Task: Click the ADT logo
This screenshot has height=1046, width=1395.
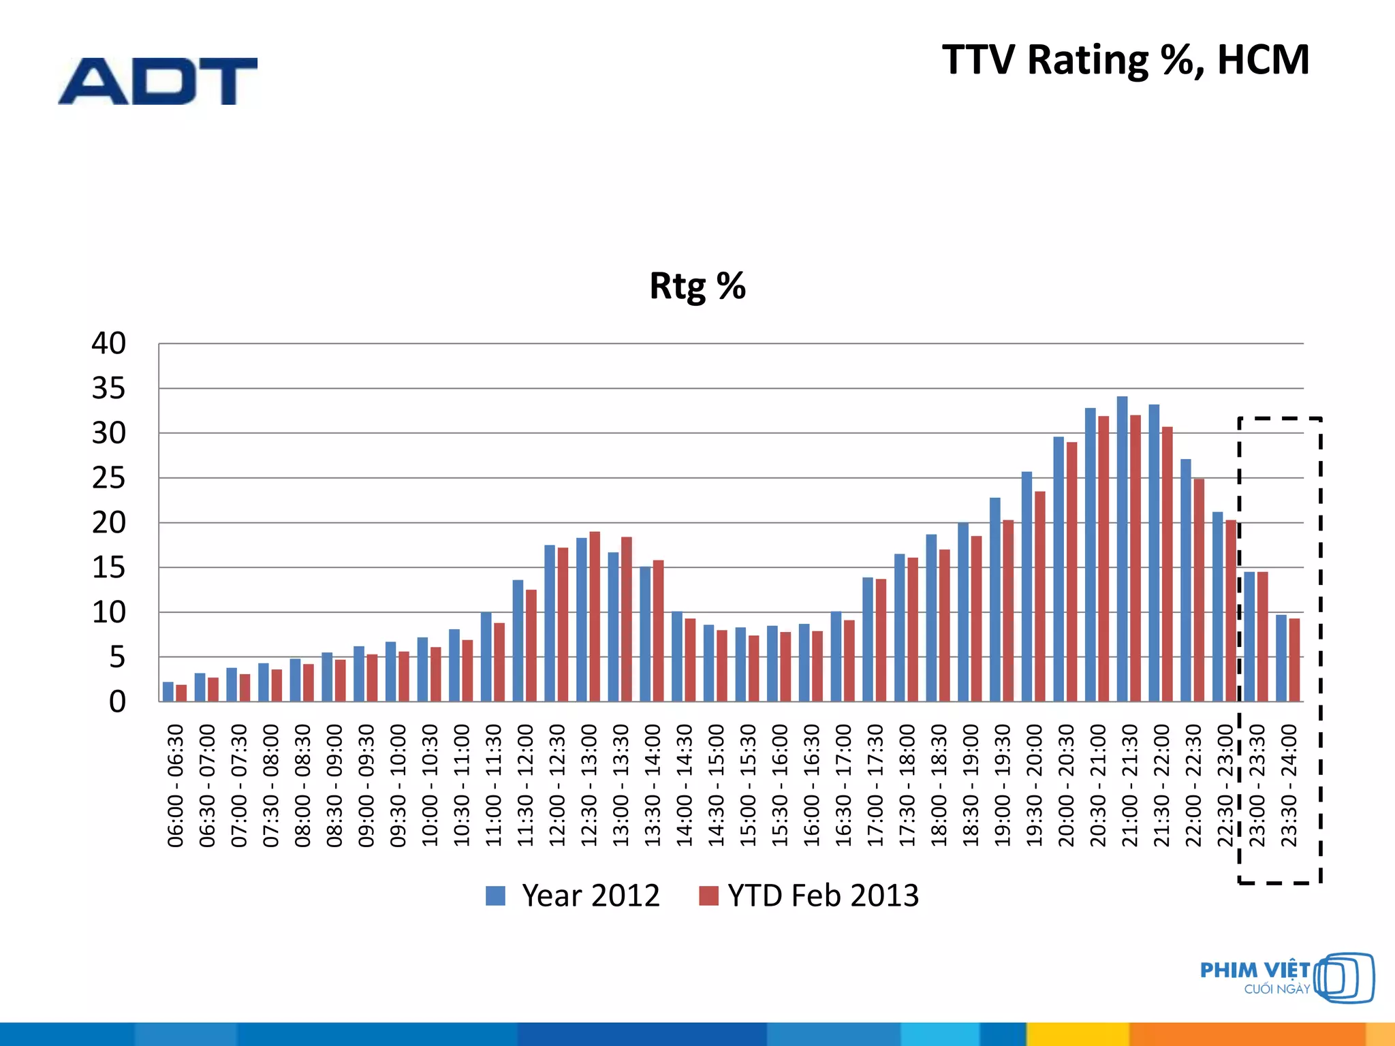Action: [x=157, y=81]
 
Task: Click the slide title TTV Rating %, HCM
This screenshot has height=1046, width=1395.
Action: [x=1125, y=60]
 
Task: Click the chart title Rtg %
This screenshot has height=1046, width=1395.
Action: [x=697, y=286]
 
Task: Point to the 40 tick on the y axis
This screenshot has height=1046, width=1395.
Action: [x=109, y=343]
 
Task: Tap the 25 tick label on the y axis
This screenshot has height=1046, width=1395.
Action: [x=109, y=478]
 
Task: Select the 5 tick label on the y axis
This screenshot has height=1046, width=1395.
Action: [x=117, y=657]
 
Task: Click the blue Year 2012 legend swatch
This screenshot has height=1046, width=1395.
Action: [x=495, y=896]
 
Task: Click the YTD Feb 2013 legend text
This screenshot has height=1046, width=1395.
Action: [x=823, y=896]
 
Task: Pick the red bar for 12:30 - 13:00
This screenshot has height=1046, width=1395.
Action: [x=595, y=616]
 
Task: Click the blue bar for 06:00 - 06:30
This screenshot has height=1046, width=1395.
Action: [x=168, y=692]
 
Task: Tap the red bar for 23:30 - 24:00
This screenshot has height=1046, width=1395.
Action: [x=1294, y=660]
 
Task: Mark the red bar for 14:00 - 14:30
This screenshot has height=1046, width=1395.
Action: [x=690, y=660]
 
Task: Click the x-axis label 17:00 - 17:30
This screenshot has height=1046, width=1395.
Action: [x=875, y=785]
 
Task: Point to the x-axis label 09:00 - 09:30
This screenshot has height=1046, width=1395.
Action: [x=366, y=785]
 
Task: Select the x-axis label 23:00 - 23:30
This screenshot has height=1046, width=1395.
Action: [x=1257, y=785]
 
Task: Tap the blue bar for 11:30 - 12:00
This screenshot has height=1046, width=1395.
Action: [x=518, y=641]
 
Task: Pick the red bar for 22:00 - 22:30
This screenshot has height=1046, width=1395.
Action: [x=1199, y=590]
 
